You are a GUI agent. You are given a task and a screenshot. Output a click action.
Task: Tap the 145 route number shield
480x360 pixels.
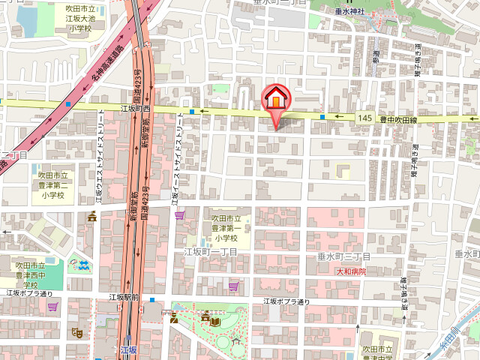365,118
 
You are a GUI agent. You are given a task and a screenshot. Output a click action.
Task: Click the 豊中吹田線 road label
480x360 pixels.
397,118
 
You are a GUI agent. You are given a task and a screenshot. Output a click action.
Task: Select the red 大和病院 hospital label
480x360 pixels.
351,271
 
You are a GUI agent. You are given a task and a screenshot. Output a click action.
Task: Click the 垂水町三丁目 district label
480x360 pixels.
344,257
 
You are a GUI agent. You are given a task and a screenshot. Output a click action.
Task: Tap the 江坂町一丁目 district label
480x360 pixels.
211,252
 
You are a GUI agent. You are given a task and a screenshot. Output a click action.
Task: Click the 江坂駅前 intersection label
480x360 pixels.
124,297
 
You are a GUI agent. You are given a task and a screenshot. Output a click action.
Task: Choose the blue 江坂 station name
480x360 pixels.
129,349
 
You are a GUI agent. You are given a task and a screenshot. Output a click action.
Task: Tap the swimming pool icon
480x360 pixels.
82,265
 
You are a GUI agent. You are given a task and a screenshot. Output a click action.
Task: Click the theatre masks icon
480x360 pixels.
76,331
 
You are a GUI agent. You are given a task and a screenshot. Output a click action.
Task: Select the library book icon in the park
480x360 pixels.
216,321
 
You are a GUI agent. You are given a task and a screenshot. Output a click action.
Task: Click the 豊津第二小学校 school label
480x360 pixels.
53,184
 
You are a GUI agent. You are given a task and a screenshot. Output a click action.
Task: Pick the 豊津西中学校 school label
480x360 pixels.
31,274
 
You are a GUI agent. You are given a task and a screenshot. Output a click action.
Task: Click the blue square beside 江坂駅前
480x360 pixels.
152,300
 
